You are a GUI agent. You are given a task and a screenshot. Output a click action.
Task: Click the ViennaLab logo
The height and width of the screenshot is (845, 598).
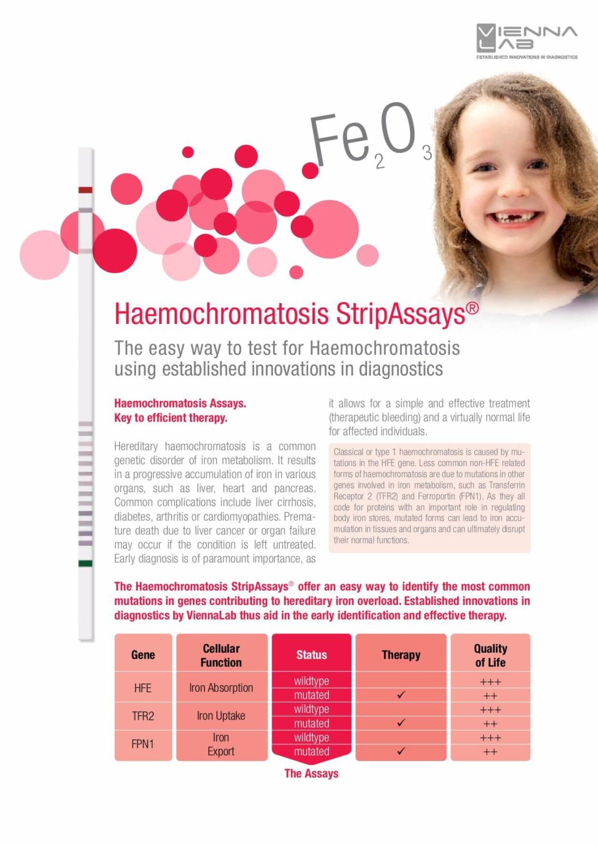point(526,41)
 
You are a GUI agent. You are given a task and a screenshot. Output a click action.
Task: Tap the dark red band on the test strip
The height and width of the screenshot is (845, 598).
point(85,190)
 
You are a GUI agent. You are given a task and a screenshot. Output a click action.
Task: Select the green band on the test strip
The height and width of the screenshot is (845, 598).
point(85,564)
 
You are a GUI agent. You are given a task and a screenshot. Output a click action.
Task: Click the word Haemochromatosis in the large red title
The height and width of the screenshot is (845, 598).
point(221,314)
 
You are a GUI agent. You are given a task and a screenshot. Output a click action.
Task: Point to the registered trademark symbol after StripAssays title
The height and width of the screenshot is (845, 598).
point(472,309)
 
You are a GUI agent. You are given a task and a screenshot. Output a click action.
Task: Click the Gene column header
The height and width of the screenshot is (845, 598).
point(143,655)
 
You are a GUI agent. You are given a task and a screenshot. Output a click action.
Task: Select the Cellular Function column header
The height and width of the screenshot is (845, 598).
point(221,655)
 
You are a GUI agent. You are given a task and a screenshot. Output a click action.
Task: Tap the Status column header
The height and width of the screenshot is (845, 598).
point(312,655)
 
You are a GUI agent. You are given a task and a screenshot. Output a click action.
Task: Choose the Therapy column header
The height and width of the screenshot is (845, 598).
point(401,655)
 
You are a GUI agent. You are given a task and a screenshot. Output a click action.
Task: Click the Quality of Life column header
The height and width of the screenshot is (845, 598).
point(490,655)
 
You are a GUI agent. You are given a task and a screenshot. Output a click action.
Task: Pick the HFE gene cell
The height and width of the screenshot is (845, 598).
point(143,688)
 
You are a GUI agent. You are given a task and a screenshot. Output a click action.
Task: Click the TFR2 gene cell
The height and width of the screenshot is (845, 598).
point(143,716)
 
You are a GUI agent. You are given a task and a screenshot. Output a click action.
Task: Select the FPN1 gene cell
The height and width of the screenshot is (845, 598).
point(143,744)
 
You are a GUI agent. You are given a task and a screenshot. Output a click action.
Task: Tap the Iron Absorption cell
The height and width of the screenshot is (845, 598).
point(221,688)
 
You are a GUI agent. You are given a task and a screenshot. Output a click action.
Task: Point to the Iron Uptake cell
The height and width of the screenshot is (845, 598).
point(221,716)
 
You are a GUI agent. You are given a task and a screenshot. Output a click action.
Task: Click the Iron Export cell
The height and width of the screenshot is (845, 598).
point(221,744)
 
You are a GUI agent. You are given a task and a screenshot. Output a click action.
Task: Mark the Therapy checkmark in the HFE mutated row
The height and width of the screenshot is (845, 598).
point(401,695)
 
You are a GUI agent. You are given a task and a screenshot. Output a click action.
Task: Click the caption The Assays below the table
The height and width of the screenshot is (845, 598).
point(312,773)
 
